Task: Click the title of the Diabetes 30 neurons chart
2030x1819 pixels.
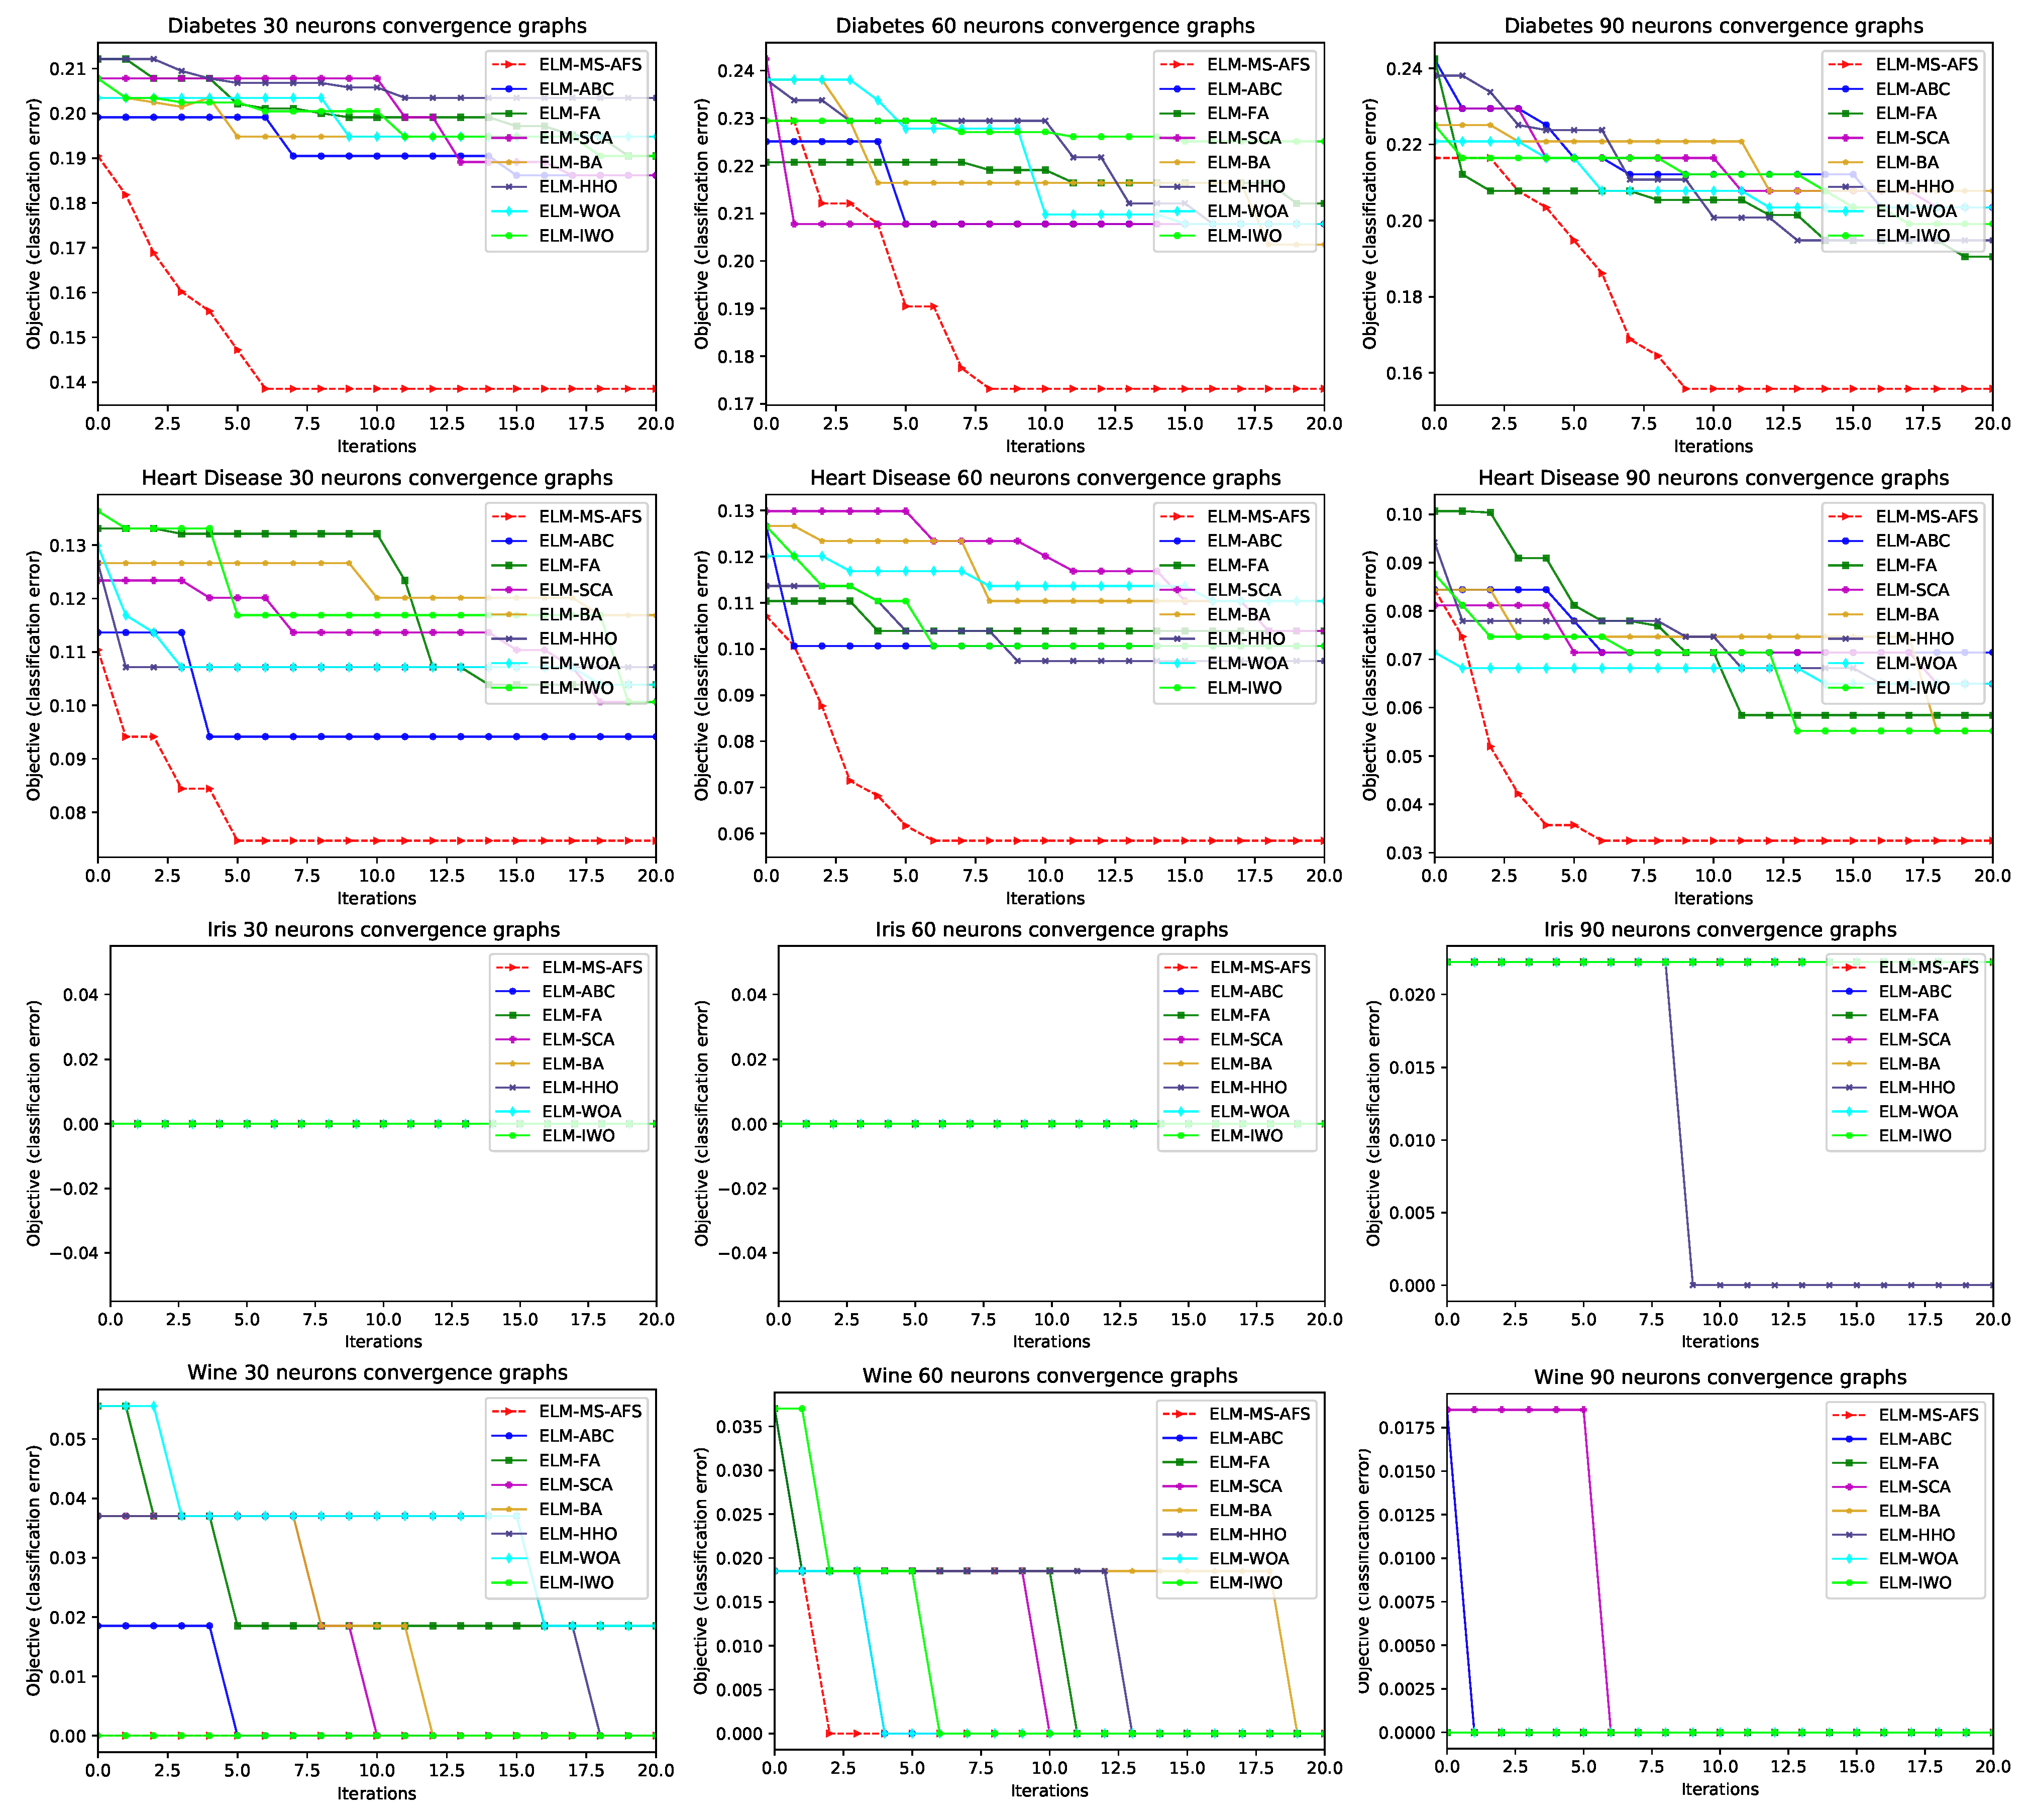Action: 377,26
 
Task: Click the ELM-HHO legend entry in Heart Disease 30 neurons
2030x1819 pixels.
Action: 578,638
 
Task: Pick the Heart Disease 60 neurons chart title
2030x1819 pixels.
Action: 1044,478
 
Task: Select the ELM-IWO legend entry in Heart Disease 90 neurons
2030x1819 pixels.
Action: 1913,688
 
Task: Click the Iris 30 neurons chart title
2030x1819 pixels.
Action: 383,929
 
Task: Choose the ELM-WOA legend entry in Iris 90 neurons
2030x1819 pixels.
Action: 1917,1111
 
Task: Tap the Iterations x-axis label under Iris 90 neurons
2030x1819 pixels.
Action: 1719,1341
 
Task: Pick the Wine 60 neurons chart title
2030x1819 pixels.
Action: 1049,1376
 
